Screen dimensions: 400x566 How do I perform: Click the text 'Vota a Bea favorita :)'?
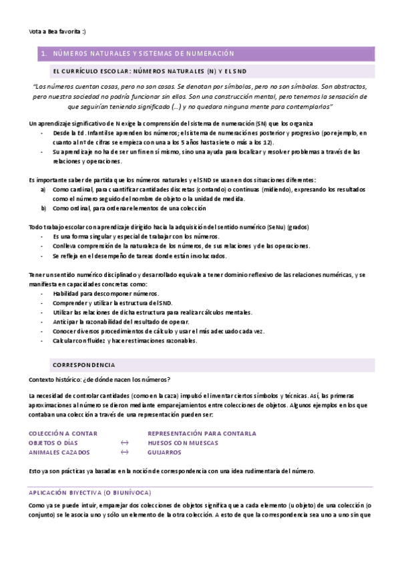pos(57,31)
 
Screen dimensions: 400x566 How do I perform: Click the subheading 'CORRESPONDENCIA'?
pos(83,365)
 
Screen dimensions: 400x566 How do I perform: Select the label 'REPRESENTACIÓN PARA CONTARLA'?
pos(202,433)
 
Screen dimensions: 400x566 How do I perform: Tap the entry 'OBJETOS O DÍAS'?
pos(53,443)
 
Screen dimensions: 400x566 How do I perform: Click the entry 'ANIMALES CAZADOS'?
pos(59,452)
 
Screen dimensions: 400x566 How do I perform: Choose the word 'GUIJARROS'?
pos(164,452)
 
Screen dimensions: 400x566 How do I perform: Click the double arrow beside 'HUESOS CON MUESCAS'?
pos(124,443)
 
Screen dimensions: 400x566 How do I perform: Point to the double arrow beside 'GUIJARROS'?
pos(124,452)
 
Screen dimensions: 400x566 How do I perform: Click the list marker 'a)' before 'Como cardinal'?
pos(43,190)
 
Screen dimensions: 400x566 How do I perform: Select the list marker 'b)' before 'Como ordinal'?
pos(43,208)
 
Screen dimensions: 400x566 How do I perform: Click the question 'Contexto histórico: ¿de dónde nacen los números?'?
pos(99,378)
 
